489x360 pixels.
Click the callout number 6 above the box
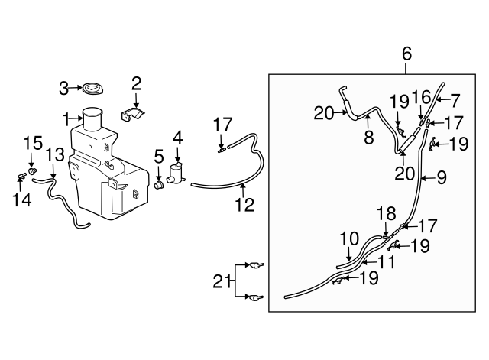[406, 54]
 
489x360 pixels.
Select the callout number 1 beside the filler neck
[67, 118]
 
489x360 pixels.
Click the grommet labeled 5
[159, 184]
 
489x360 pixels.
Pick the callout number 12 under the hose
[243, 204]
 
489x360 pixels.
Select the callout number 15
[31, 142]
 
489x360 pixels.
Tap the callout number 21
[220, 281]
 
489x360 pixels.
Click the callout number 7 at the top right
[454, 100]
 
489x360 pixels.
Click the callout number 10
[348, 238]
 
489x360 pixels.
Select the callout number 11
[385, 261]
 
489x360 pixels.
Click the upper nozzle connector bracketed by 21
[256, 265]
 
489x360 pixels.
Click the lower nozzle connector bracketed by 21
[256, 298]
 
